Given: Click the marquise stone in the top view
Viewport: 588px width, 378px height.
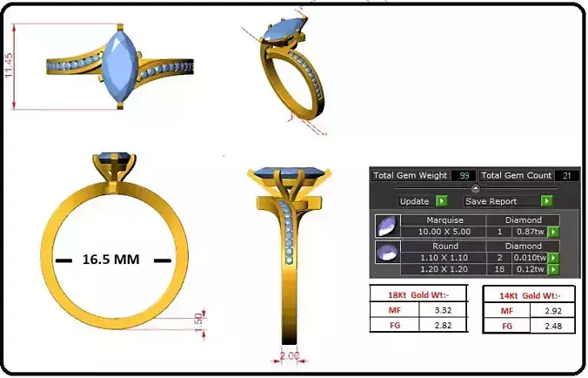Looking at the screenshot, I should pos(117,65).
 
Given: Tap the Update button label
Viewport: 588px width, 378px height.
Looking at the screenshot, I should pos(415,201).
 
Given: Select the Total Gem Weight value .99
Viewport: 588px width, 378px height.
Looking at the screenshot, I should pos(464,176).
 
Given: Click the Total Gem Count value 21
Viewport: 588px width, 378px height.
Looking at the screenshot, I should pos(566,176).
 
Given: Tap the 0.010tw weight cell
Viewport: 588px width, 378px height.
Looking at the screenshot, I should pos(529,258).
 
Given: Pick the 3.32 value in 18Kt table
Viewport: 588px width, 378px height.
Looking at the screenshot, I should pos(440,310).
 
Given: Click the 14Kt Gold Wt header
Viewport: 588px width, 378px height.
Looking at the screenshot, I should pos(527,294).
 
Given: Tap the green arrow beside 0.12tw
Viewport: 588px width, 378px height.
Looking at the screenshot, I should pos(552,270).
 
